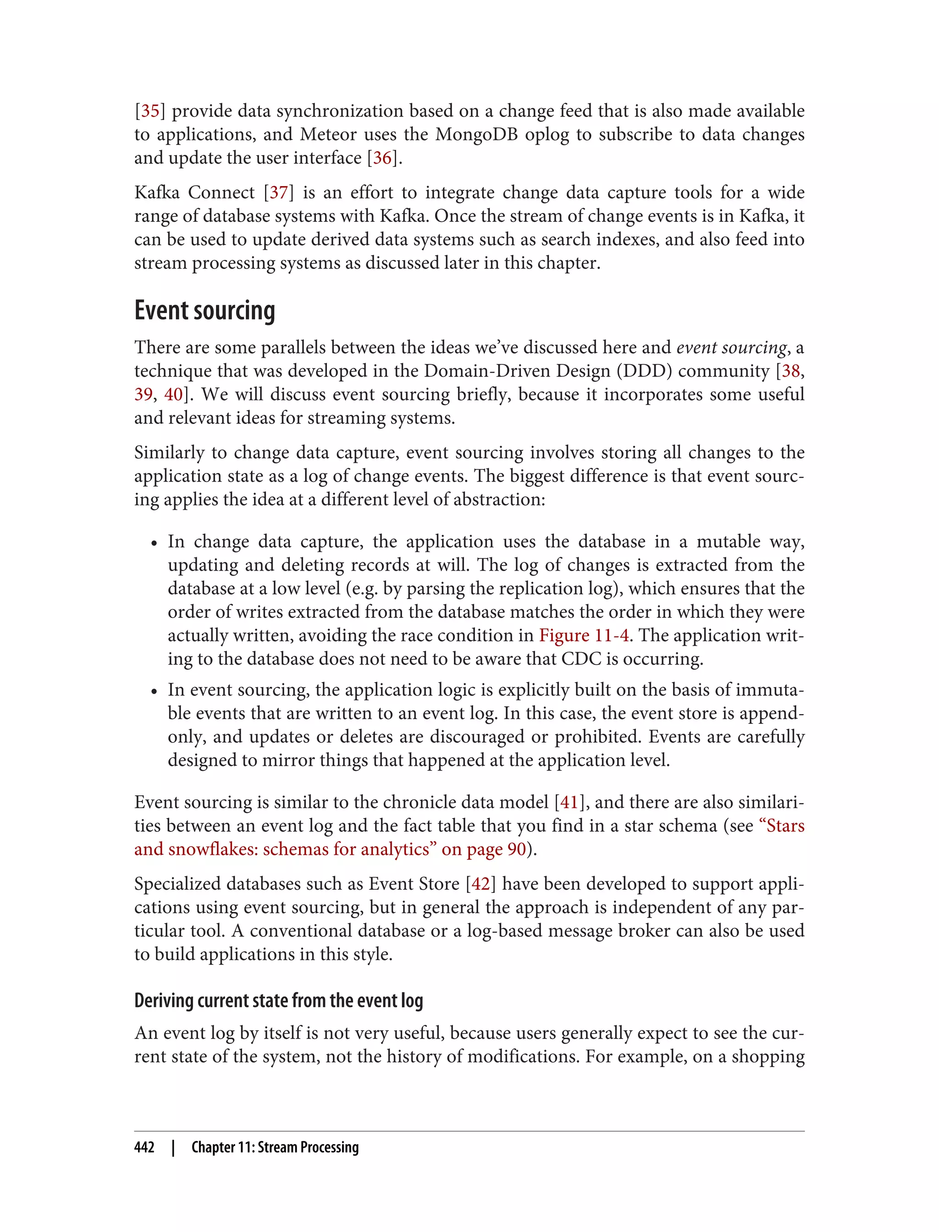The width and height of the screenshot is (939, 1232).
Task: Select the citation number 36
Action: click(382, 158)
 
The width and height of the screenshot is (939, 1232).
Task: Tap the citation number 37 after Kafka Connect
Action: click(278, 193)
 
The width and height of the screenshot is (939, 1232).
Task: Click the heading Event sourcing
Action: click(204, 311)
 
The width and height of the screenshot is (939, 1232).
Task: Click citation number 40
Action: click(173, 395)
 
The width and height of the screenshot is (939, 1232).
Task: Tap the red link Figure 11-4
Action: click(584, 635)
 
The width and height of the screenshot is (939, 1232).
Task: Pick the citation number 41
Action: click(569, 803)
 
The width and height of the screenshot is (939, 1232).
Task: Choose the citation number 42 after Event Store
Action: click(480, 884)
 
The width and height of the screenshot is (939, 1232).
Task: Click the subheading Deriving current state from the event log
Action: click(278, 1000)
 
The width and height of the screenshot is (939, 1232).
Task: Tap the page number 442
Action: click(144, 1147)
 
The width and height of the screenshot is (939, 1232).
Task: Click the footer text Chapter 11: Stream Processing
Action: click(275, 1147)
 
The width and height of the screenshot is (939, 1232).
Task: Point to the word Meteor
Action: click(328, 135)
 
